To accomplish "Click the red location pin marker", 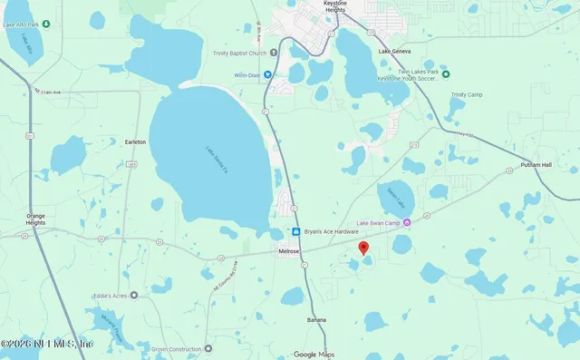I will click(363, 248).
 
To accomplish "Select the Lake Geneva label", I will click(397, 53).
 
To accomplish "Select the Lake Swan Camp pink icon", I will click(406, 222).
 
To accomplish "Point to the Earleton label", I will click(135, 142).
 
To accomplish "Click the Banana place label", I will click(315, 319).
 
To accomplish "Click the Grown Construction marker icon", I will click(208, 348).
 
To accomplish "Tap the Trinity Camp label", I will click(467, 94).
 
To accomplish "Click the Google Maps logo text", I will click(314, 354).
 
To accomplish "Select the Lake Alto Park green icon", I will click(44, 24).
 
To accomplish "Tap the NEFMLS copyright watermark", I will click(47, 344).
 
